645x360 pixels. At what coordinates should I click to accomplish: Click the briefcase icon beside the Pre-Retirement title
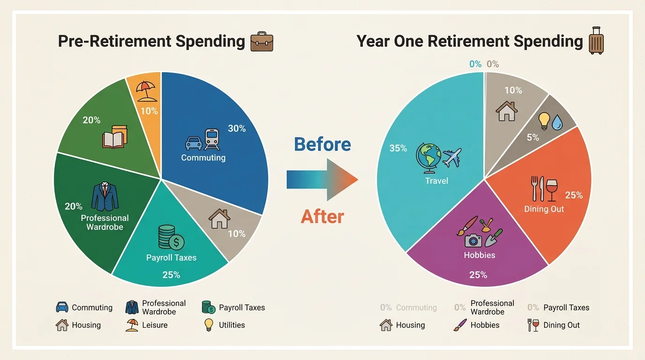click(262, 42)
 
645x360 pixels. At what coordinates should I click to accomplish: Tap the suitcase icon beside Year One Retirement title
click(596, 41)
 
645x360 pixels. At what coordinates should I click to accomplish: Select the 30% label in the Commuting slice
click(237, 128)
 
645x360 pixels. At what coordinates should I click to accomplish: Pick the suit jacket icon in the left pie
click(105, 197)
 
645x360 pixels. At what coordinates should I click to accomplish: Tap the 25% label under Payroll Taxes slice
click(171, 275)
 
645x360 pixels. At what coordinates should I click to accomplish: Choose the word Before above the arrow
click(322, 144)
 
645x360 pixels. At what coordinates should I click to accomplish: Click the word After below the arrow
click(322, 217)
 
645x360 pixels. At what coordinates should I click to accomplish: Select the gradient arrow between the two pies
click(322, 180)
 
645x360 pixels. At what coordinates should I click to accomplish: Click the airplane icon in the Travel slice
click(451, 157)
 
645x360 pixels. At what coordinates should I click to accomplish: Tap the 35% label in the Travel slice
click(398, 148)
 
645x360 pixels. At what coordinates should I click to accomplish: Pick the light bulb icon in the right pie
click(544, 120)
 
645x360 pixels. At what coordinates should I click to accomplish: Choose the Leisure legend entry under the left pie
click(146, 325)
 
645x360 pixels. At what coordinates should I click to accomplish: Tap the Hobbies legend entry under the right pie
click(477, 325)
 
